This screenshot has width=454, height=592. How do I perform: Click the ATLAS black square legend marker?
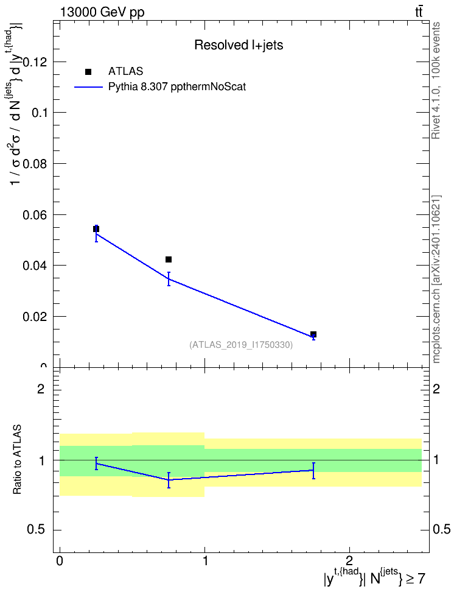(88, 72)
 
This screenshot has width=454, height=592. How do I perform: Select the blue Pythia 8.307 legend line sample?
(89, 87)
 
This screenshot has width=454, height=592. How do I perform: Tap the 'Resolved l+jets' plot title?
(239, 45)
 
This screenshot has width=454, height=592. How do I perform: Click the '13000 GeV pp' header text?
(102, 13)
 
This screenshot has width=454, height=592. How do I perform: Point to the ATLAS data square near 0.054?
(96, 229)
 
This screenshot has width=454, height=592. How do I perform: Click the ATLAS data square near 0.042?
(169, 259)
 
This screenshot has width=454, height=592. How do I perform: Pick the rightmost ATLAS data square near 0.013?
(313, 334)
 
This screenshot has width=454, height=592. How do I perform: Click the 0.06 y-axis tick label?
(35, 215)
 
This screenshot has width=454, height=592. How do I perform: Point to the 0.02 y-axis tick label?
(35, 316)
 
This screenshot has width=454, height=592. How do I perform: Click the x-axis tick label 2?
(349, 560)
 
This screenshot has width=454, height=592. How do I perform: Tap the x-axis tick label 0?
(60, 560)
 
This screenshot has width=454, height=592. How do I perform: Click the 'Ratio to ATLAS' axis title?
(17, 459)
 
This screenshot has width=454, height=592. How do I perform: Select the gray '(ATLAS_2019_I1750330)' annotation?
(241, 345)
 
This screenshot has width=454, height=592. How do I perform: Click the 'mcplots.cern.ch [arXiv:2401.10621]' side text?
(436, 279)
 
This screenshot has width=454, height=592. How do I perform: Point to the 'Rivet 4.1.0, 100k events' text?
(436, 80)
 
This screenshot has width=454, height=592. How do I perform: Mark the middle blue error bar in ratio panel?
(169, 480)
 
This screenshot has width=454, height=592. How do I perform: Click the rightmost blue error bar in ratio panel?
(313, 470)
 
